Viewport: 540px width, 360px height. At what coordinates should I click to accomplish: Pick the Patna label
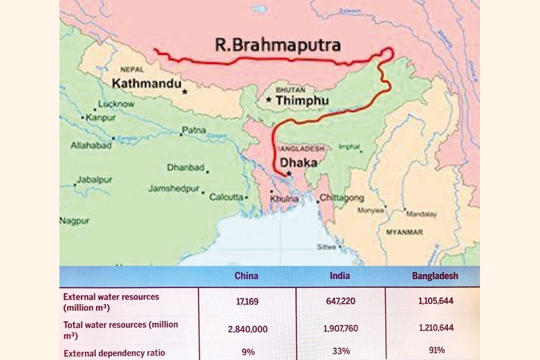[194, 130]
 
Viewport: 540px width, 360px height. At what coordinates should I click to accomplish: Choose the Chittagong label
[343, 197]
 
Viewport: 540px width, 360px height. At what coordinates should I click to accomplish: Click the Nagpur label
[74, 221]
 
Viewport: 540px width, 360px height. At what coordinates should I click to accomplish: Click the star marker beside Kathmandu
[185, 92]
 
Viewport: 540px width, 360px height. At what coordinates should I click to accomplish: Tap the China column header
[246, 276]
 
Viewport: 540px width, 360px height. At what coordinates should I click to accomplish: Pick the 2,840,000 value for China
[247, 329]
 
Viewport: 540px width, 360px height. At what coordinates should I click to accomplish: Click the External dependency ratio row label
[114, 352]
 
